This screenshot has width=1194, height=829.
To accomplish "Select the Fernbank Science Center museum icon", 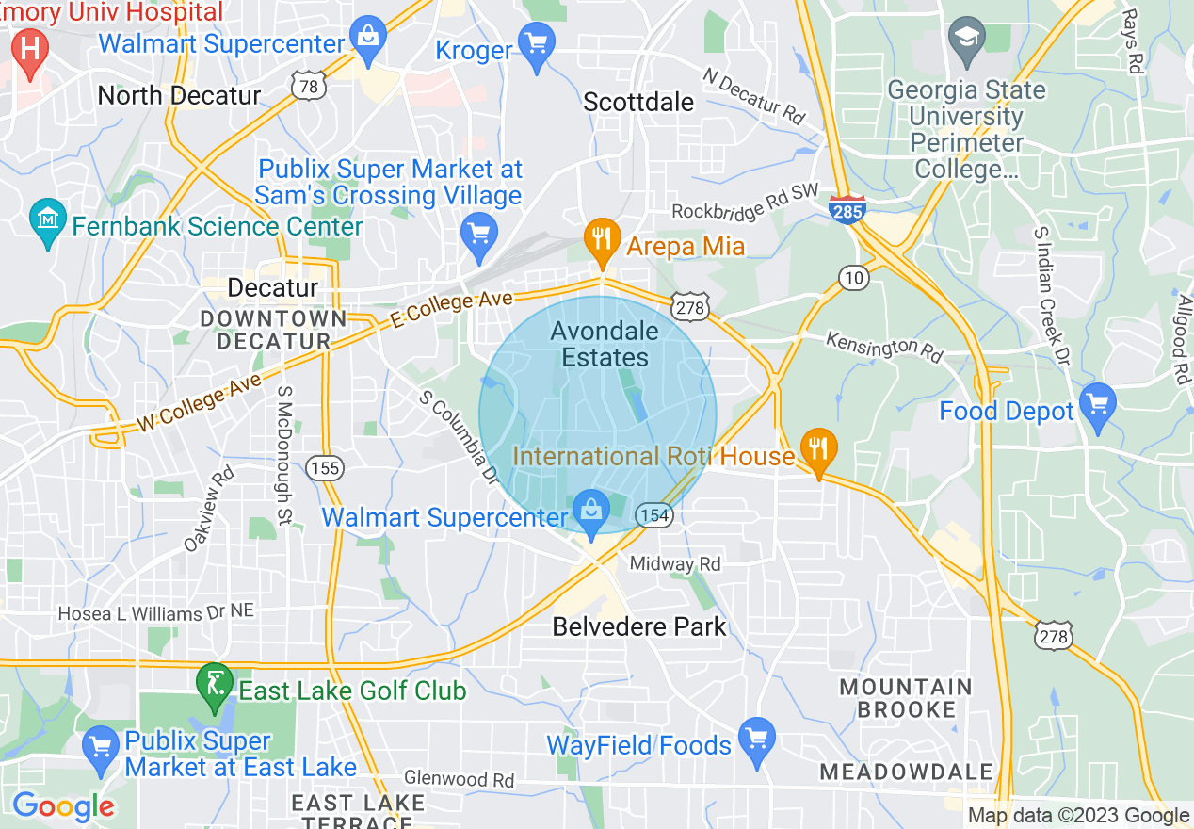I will coord(48,219).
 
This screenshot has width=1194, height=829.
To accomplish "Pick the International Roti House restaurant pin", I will coord(817,450).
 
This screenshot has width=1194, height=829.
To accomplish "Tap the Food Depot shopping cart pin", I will coord(1098,405).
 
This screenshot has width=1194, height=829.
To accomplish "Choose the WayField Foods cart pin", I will coord(757,740).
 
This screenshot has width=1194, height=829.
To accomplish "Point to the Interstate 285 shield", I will coord(847,209).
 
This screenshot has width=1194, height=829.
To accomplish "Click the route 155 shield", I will coord(325,467).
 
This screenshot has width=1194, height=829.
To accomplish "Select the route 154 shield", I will coord(653,515).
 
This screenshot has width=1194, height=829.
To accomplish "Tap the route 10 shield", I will coord(854,277).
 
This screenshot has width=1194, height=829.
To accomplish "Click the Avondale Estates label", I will coord(605,344).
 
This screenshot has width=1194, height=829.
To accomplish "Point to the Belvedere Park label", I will coord(639,626).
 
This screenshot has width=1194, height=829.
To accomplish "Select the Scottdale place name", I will coord(638,102).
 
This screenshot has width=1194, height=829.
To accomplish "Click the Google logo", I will coord(63,806).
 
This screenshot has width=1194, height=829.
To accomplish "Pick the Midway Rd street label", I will coord(675,564).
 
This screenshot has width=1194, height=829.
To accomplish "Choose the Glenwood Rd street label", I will coord(459,779).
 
